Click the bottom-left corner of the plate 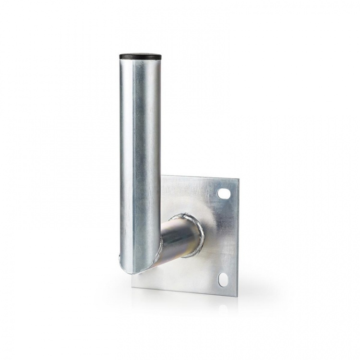coord(132,288)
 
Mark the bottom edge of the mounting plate coord(185,291)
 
